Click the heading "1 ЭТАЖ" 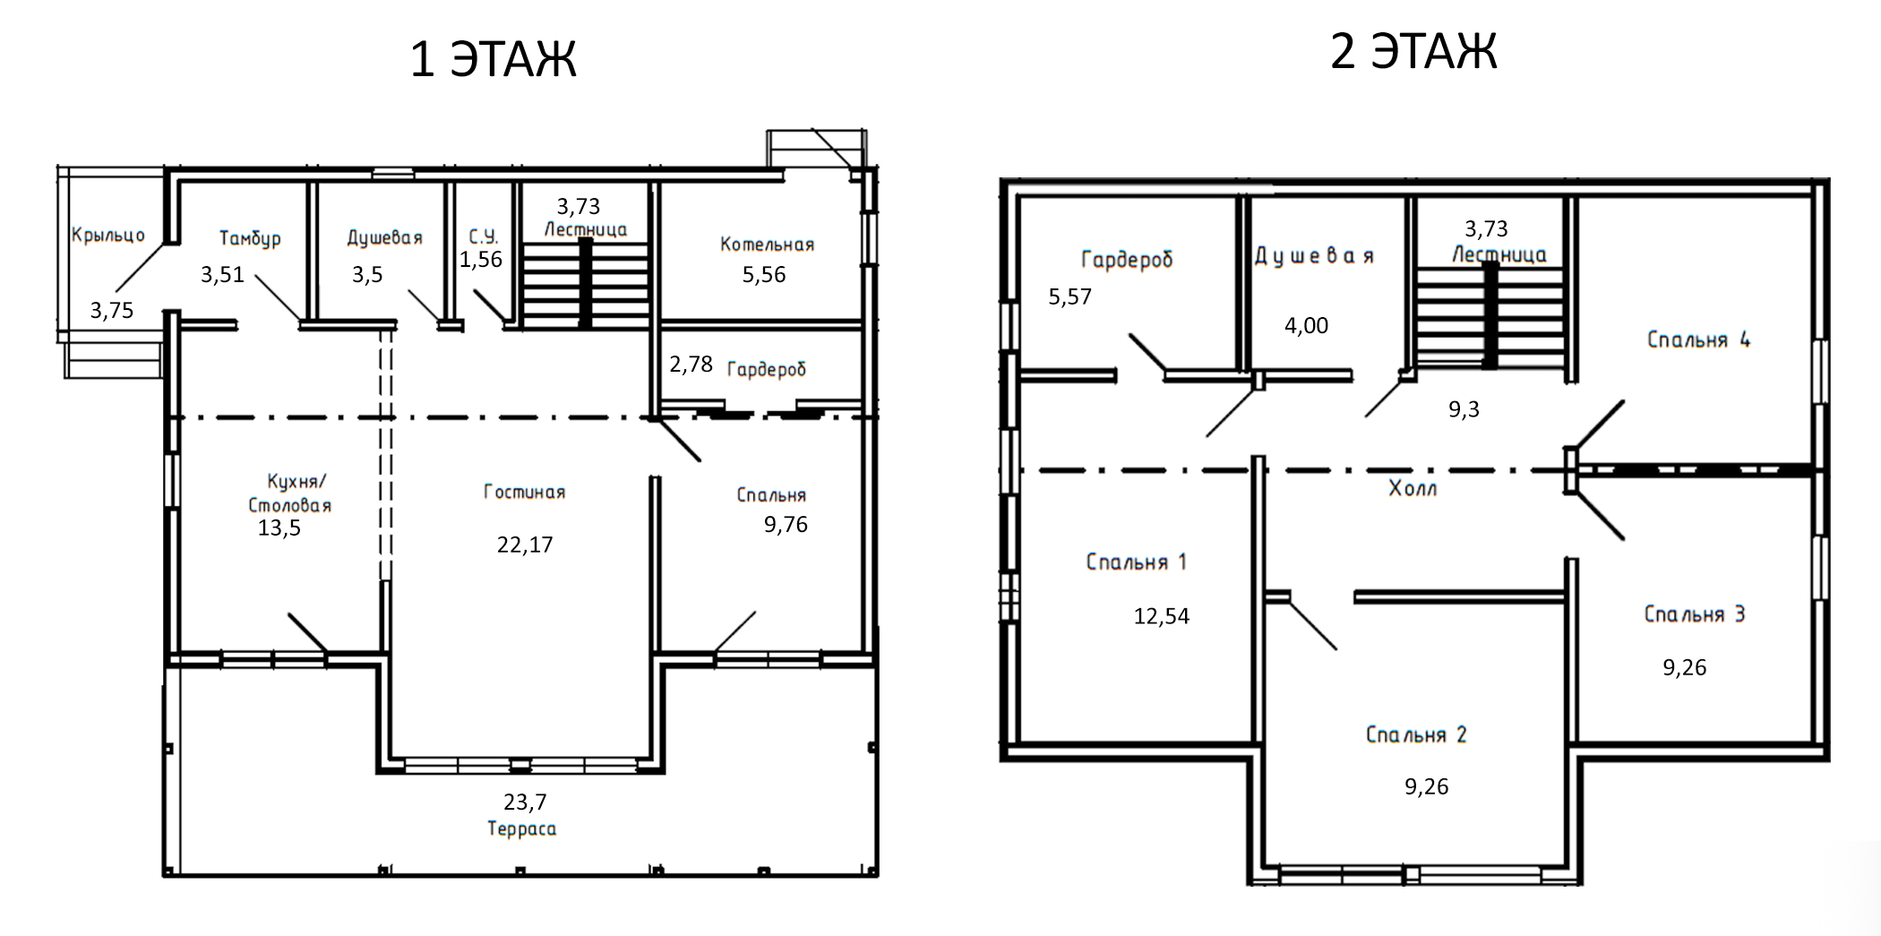point(493,60)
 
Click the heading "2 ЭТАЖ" point(1413,50)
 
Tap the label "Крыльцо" point(108,235)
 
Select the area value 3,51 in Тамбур point(222,274)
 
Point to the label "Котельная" point(767,244)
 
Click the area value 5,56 point(764,274)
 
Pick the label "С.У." point(484,236)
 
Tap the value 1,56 point(481,259)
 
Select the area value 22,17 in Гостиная point(525,545)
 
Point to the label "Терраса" point(521,829)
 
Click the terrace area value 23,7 point(525,802)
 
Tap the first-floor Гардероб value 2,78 point(691,364)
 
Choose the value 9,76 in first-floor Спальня point(786,524)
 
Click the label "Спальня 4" point(1699,339)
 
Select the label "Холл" point(1413,488)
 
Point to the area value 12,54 point(1162,616)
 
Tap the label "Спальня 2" point(1416,734)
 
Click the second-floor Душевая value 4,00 point(1306,325)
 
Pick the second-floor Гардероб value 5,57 point(1070,296)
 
